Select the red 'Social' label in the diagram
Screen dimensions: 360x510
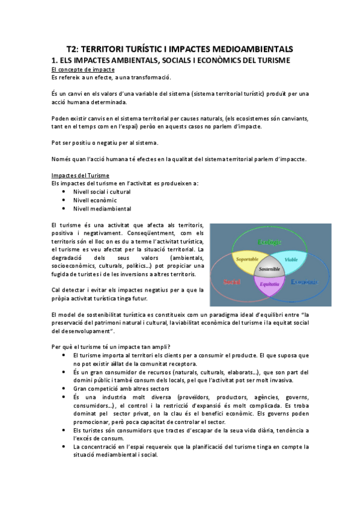coord(231,281)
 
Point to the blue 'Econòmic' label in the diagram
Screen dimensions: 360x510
coord(304,281)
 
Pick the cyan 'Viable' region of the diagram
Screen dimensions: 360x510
coord(291,259)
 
